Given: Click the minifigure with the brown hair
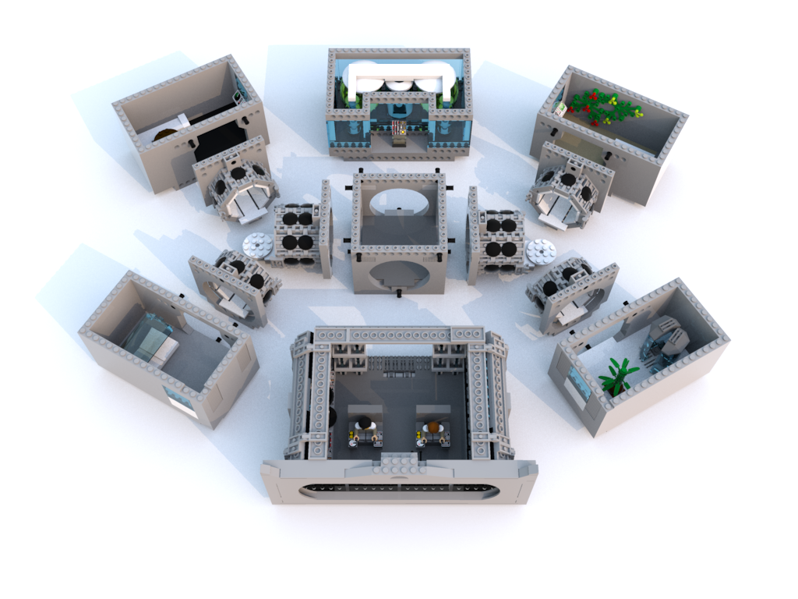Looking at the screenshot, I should click(433, 427).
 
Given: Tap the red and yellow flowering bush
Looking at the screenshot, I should click(604, 108).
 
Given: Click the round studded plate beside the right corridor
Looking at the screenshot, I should click(540, 251).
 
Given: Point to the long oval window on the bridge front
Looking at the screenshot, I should click(398, 490).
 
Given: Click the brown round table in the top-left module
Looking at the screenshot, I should click(165, 135).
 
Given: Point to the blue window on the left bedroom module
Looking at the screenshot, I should click(178, 399).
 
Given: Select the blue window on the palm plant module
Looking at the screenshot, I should click(579, 384).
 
